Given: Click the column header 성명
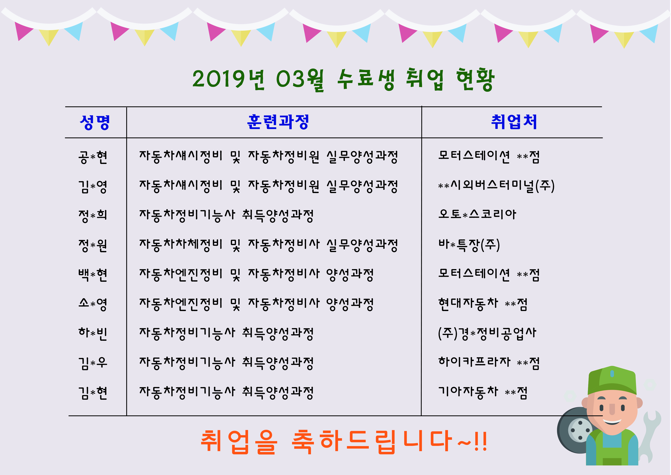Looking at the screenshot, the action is pyautogui.click(x=95, y=122).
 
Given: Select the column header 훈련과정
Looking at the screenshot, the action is pyautogui.click(x=278, y=122).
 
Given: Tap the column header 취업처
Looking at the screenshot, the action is pyautogui.click(x=514, y=122).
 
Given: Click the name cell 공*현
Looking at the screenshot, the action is pyautogui.click(x=93, y=157).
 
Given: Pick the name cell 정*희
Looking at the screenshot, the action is pyautogui.click(x=93, y=216).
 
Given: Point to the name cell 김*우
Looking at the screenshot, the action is pyautogui.click(x=93, y=363).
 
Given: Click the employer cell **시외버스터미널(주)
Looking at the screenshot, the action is pyautogui.click(x=496, y=186).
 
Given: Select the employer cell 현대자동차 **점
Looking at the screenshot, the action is pyautogui.click(x=483, y=304).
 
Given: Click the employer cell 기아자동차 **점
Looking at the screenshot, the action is pyautogui.click(x=483, y=392).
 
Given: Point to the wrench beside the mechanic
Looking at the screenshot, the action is pyautogui.click(x=651, y=433).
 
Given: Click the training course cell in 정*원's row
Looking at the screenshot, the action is pyautogui.click(x=268, y=245).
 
